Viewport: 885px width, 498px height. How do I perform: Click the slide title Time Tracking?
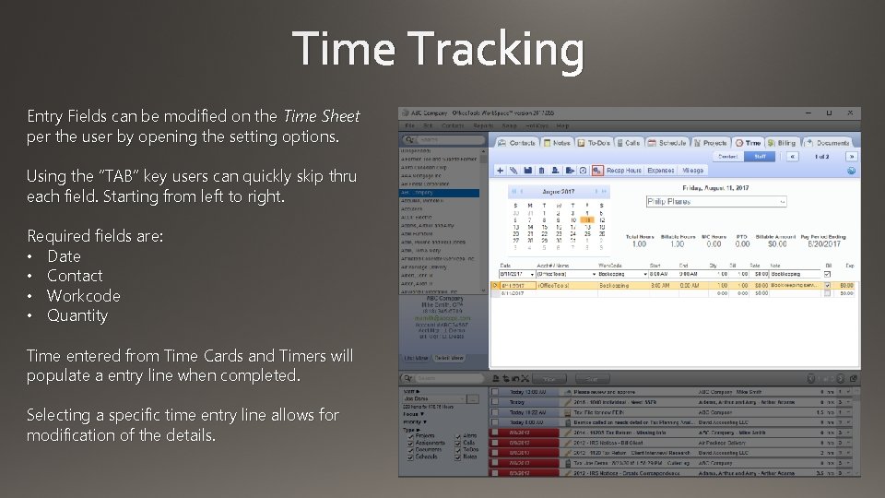click(x=439, y=50)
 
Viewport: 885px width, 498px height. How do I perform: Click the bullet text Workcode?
click(x=83, y=296)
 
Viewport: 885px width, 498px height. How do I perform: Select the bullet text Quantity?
click(x=77, y=315)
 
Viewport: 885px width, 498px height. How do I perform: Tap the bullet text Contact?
click(x=75, y=276)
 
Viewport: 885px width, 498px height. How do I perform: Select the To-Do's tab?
click(x=594, y=143)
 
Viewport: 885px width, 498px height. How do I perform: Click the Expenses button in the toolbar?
click(x=660, y=171)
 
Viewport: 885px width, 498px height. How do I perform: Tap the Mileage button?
click(x=692, y=171)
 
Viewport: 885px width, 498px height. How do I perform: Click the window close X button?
click(x=854, y=113)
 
